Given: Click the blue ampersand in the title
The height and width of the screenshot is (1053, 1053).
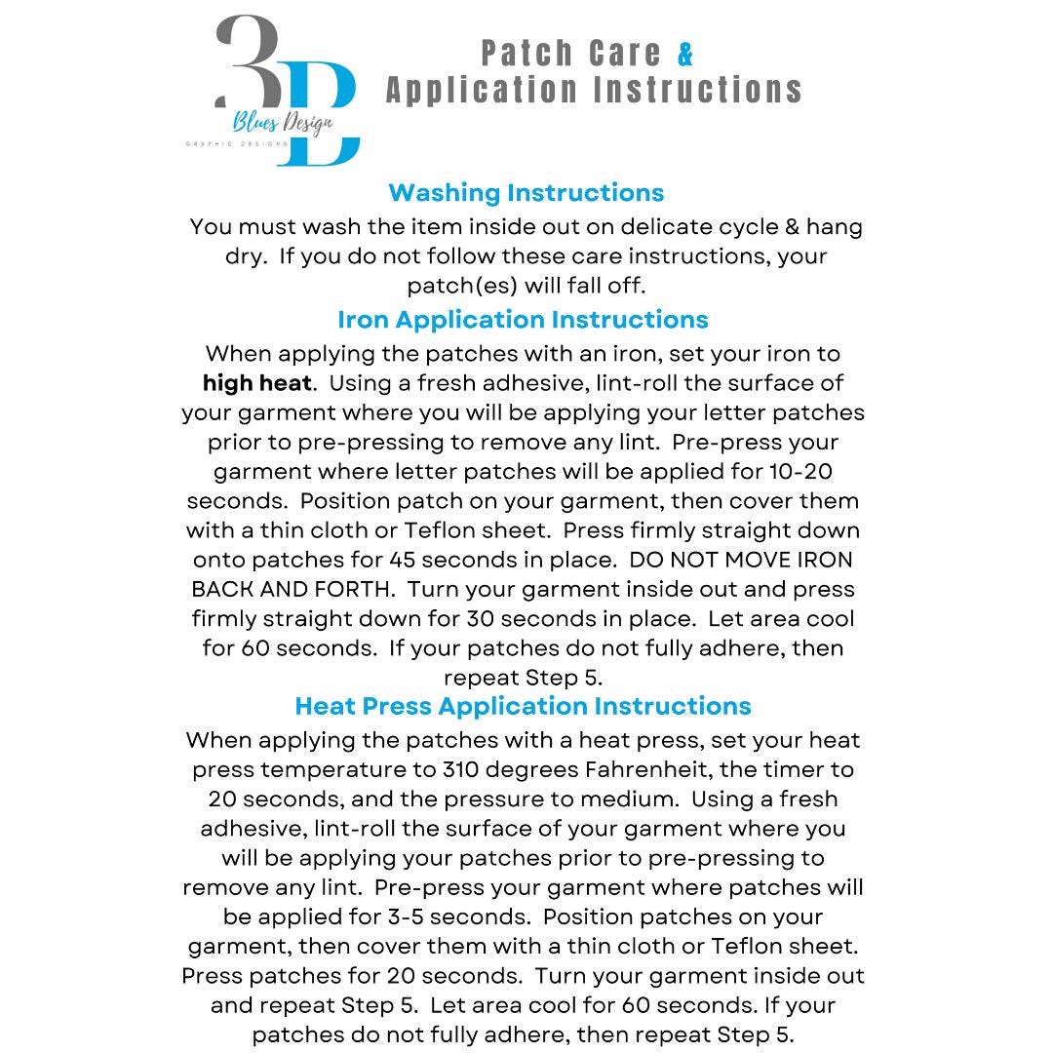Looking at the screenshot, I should click(x=685, y=55).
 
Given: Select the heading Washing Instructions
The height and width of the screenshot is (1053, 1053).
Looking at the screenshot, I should click(x=526, y=192).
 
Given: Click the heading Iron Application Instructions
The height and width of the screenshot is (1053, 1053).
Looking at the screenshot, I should click(x=523, y=319).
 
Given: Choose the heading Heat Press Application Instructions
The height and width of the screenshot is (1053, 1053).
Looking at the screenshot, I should click(x=523, y=705).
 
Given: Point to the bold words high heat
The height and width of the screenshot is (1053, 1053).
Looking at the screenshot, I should click(x=256, y=382).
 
